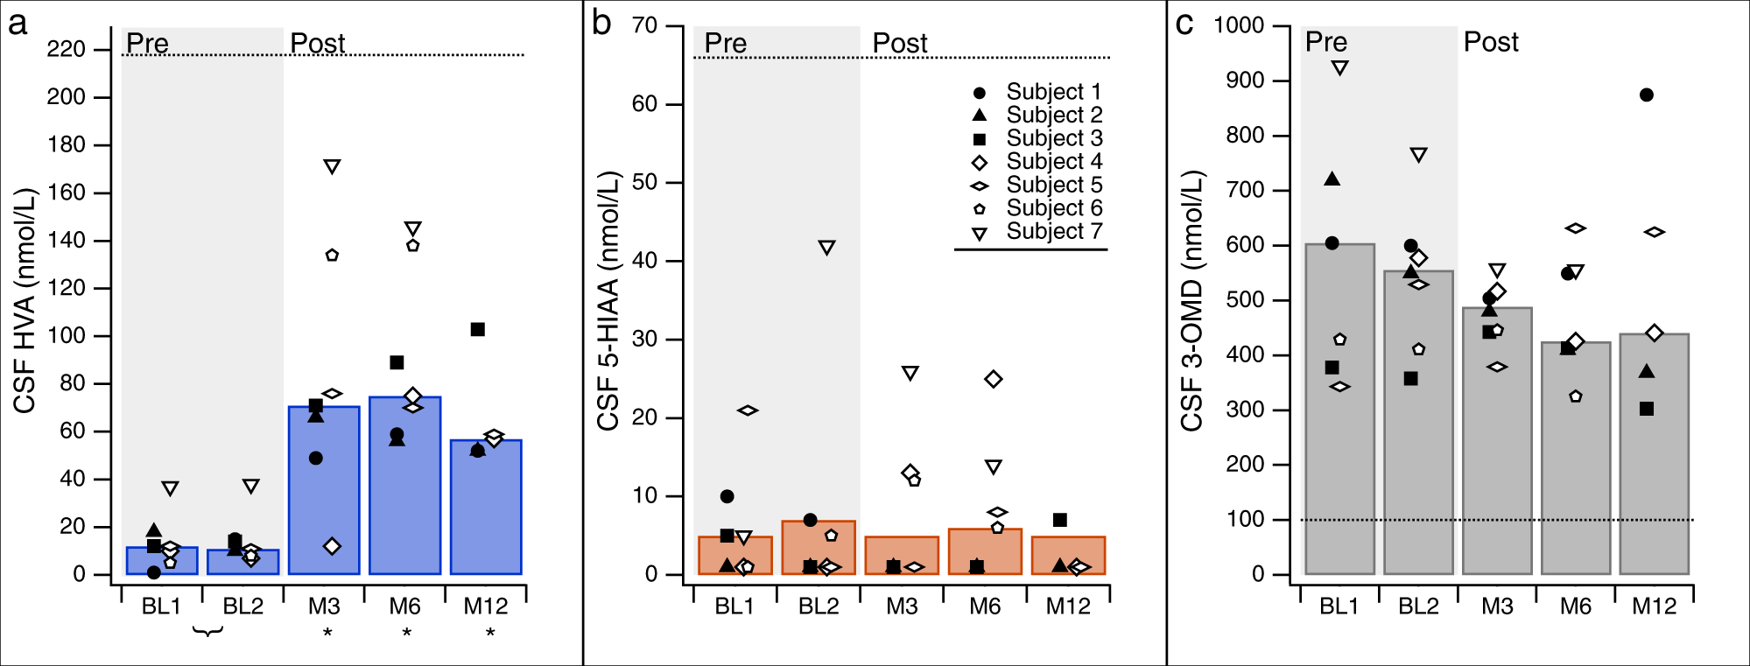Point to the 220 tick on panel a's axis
(67, 49)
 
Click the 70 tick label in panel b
(644, 25)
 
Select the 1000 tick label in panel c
(1239, 25)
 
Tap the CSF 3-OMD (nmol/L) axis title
(1191, 300)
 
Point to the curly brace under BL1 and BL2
(207, 631)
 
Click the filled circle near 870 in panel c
(1647, 95)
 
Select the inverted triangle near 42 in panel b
(826, 248)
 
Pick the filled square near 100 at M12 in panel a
(478, 330)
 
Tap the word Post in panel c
(1491, 42)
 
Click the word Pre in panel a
(147, 43)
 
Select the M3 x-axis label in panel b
(902, 606)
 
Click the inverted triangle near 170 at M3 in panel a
(332, 166)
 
